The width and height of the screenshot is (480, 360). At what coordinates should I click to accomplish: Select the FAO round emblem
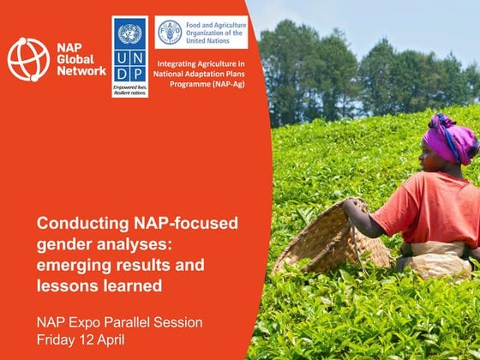point(168,32)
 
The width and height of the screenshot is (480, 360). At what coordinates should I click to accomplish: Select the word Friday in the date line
point(57,339)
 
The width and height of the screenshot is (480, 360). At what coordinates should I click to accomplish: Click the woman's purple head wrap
point(448,138)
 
